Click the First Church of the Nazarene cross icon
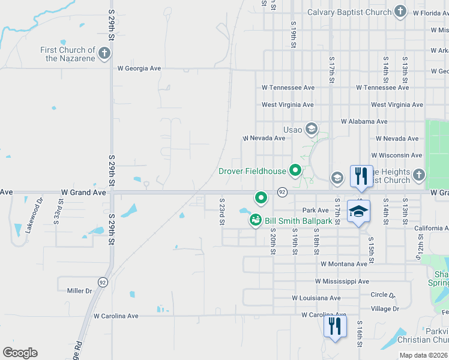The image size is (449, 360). (104, 54)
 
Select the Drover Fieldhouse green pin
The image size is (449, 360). (295, 171)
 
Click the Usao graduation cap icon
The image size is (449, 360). (311, 129)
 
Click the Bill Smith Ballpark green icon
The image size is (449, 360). (256, 221)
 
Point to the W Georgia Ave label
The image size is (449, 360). (139, 68)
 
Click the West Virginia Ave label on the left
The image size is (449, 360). (288, 104)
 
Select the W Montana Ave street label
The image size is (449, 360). (343, 264)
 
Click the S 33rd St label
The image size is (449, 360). (57, 213)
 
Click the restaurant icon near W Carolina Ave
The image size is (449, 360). (334, 327)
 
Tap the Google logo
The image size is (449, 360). (20, 353)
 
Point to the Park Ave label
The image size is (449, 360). (315, 210)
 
